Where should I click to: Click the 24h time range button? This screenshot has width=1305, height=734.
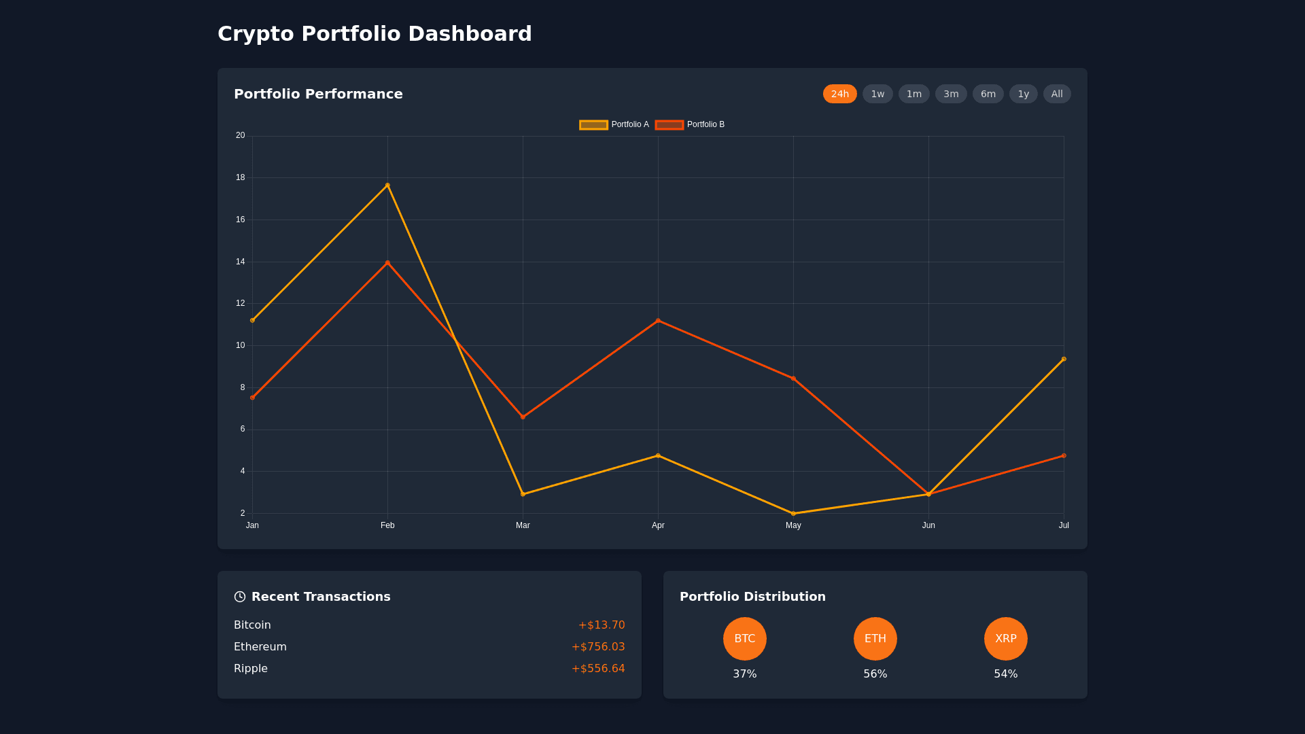[839, 94]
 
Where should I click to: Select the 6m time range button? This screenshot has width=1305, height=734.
[988, 94]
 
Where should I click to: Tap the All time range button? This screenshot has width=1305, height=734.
[1056, 94]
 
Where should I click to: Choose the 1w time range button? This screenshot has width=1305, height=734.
[877, 94]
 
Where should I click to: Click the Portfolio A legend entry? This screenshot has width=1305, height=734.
[614, 125]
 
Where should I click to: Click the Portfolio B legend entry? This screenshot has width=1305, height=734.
[690, 125]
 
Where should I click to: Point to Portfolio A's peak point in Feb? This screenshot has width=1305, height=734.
[387, 185]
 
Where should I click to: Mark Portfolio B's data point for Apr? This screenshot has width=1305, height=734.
[658, 320]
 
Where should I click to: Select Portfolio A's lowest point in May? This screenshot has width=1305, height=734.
[793, 514]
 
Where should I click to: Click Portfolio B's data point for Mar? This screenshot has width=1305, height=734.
[523, 417]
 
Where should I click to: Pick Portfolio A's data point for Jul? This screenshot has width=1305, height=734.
[1064, 359]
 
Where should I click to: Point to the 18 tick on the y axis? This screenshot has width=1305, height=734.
[241, 177]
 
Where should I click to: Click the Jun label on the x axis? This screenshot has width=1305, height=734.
[928, 525]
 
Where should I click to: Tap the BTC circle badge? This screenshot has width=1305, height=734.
[745, 639]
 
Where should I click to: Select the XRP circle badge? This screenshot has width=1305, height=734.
[1006, 639]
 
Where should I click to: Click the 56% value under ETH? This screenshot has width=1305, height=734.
[875, 674]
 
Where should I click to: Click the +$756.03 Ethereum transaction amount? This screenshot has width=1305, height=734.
[598, 647]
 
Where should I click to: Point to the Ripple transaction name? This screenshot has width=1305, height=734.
[251, 669]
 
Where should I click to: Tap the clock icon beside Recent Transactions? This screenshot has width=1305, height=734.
[240, 597]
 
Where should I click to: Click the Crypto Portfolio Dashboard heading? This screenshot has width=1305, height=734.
[375, 34]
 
